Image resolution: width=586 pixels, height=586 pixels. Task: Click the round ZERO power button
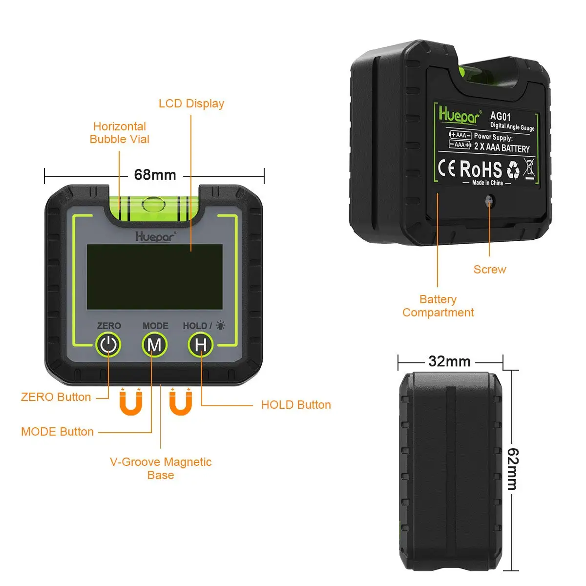click(108, 345)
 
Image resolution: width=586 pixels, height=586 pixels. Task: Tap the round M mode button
click(154, 345)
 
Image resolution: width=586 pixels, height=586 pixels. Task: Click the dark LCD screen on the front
click(154, 277)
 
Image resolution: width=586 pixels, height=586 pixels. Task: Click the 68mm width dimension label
click(155, 175)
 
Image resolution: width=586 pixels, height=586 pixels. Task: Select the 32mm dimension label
click(449, 361)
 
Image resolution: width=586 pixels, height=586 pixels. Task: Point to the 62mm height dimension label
click(512, 469)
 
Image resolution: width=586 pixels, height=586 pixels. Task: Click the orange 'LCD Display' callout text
click(191, 104)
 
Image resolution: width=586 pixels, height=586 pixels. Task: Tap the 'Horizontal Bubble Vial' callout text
click(120, 133)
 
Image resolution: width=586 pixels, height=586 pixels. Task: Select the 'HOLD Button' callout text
click(296, 405)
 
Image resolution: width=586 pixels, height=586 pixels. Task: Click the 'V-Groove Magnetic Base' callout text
click(161, 468)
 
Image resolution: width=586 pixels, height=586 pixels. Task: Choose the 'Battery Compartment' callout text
click(438, 306)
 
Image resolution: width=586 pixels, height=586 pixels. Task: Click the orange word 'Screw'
click(490, 270)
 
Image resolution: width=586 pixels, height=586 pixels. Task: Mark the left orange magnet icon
click(131, 402)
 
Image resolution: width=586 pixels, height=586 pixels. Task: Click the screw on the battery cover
click(489, 200)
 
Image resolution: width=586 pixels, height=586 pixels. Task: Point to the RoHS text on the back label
click(481, 169)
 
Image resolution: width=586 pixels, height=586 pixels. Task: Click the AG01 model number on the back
click(501, 116)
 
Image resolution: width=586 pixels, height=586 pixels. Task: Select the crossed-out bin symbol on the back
click(529, 168)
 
